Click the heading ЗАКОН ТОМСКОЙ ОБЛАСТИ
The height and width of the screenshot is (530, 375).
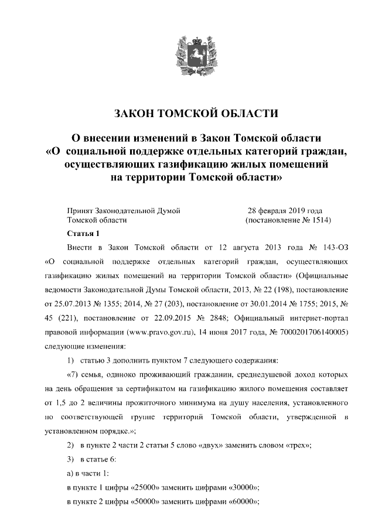(x=187, y=113)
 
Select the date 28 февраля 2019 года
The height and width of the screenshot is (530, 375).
(x=285, y=210)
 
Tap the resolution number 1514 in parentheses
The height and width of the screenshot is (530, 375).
(x=320, y=221)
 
